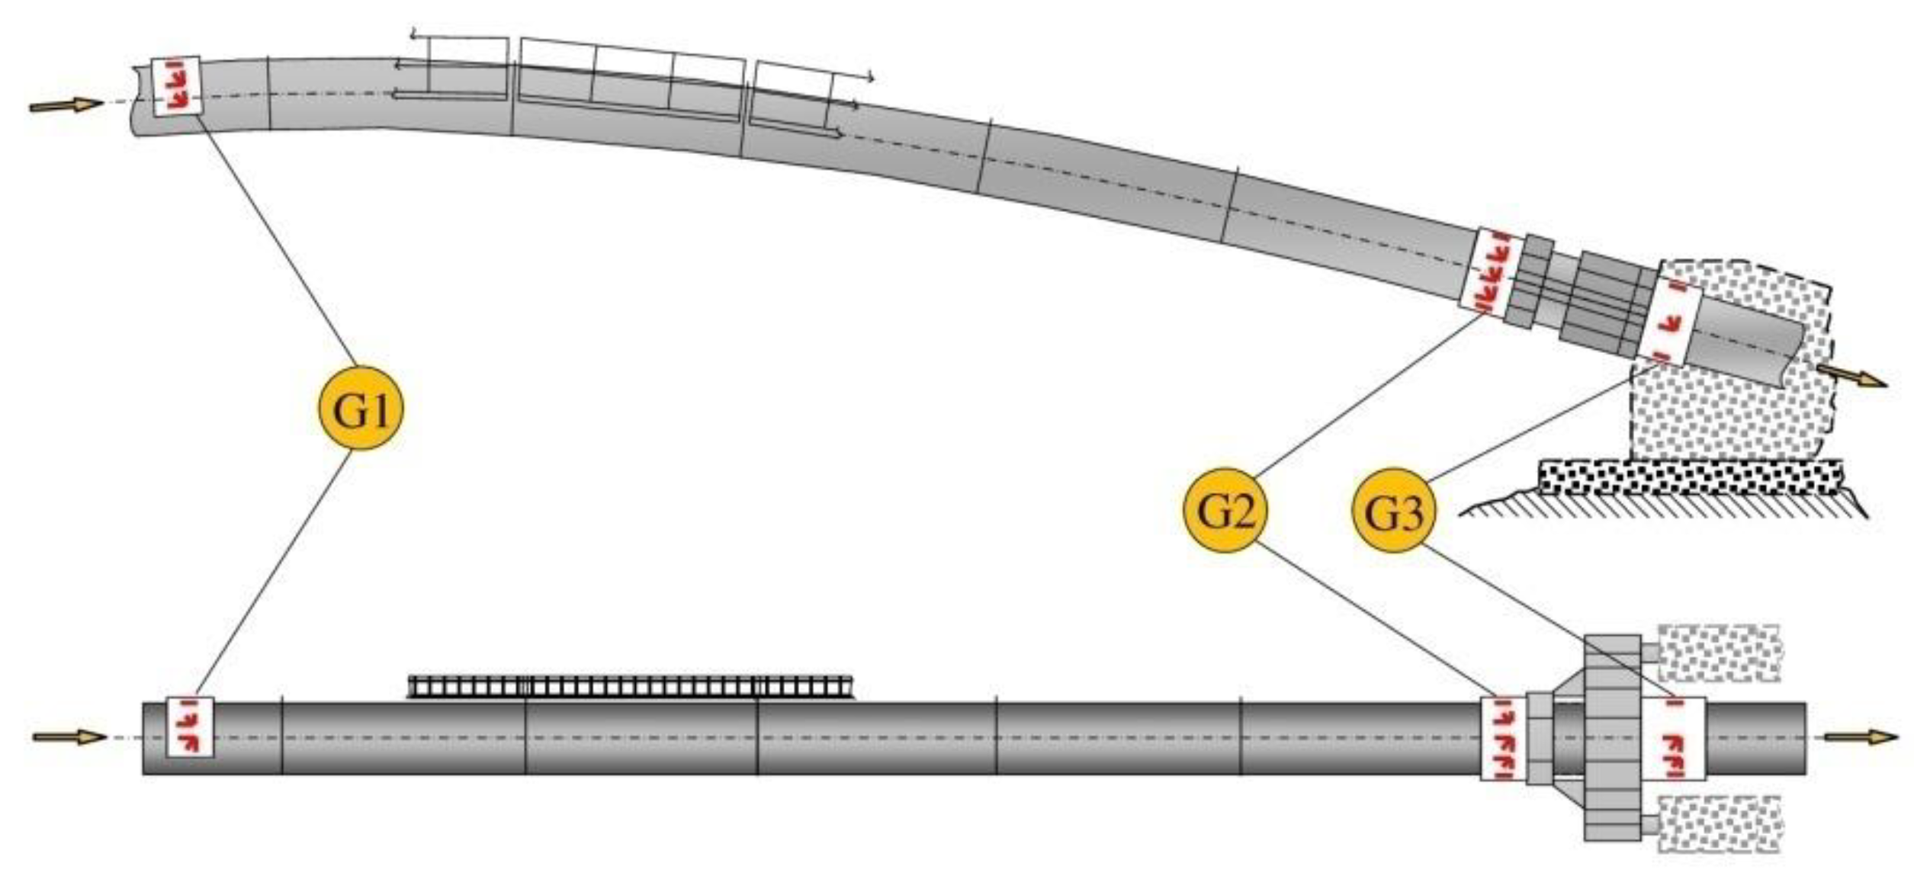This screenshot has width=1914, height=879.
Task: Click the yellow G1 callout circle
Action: click(x=360, y=408)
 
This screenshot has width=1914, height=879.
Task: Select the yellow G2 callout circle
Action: click(x=1225, y=510)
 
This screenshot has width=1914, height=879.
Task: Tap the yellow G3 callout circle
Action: click(x=1393, y=510)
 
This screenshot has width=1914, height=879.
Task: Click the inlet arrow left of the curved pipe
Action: click(x=66, y=105)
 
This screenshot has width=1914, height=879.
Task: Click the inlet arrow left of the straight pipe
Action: click(x=69, y=736)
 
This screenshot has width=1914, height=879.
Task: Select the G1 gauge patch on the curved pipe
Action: click(x=177, y=85)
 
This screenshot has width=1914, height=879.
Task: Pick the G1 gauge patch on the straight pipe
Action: click(x=190, y=727)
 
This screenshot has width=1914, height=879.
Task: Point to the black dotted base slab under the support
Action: click(x=1690, y=478)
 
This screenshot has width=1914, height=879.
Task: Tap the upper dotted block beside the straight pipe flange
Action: click(x=1719, y=653)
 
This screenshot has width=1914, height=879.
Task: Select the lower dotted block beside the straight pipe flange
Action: click(x=1719, y=823)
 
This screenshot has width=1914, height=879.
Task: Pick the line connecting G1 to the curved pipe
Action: click(x=278, y=240)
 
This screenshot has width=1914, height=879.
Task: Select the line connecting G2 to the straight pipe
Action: click(x=1373, y=619)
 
